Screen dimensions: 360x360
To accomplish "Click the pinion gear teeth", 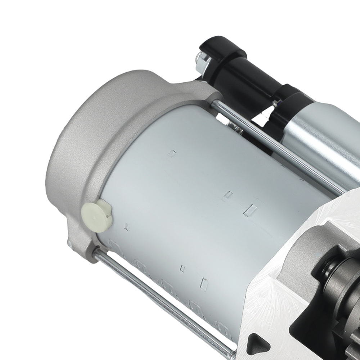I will [351, 346].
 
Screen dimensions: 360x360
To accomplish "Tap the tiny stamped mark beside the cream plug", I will [126, 227].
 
